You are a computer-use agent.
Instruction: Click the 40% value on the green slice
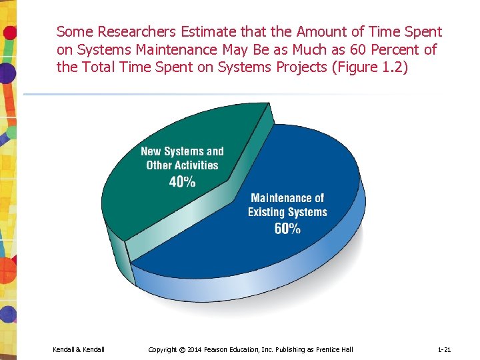(x=182, y=181)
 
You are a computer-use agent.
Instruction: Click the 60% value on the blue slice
(x=287, y=229)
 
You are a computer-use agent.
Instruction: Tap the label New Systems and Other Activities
(x=182, y=158)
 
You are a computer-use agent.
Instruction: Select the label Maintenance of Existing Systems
(x=287, y=205)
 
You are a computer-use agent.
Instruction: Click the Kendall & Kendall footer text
(x=79, y=349)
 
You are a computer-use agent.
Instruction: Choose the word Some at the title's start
(x=75, y=31)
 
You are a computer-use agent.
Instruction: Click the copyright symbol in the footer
(x=181, y=349)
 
